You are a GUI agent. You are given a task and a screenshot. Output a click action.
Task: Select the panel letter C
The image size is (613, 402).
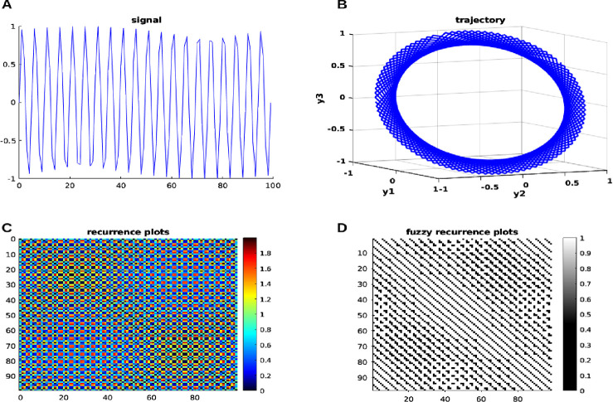[x=6, y=225]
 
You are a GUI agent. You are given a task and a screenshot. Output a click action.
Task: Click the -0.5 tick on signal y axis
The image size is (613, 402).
[x=9, y=140]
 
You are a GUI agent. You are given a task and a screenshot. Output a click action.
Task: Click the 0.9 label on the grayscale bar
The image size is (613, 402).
[x=592, y=254]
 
